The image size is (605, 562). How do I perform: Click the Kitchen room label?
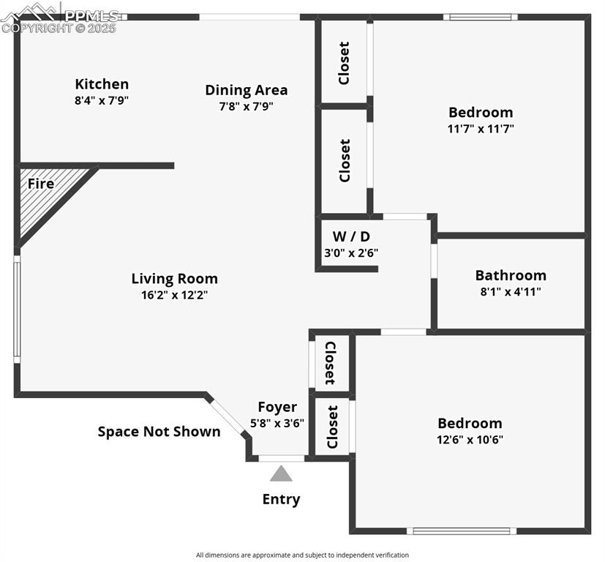pos(102,84)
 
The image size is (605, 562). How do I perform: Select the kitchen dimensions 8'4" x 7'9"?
pos(102,101)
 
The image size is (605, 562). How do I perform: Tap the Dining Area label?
pos(246,90)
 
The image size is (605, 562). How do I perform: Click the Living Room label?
pos(174,279)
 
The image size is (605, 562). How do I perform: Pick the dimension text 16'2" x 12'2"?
pos(174,295)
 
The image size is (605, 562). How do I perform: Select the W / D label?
pos(350,236)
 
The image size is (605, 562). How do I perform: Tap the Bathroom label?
pos(511,275)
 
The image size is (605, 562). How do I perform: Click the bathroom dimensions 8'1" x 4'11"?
pos(511,291)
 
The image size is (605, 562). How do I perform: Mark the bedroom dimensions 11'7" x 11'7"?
pos(481,129)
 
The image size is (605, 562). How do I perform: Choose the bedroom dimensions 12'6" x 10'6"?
pos(470,440)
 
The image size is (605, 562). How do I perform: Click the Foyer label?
pos(277,407)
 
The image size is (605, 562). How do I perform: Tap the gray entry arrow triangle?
pos(281,474)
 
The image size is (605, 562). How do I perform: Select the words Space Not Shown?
pos(159,432)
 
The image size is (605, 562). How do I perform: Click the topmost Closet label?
pos(344,63)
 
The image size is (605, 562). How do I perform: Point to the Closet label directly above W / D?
pos(345,161)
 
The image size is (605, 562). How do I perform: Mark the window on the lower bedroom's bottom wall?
pos(461,531)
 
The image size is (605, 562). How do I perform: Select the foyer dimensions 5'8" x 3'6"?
pos(277,423)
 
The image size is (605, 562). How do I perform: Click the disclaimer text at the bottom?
pos(302,555)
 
